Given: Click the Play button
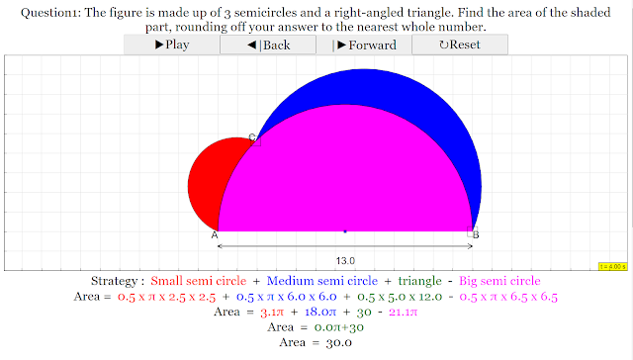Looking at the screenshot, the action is point(171,45).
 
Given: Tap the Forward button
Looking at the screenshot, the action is point(364,45).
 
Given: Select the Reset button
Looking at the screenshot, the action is point(460,45).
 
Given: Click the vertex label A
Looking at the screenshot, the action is point(215,235).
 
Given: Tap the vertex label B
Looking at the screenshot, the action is point(476,234).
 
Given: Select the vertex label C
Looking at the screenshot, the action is point(252,136).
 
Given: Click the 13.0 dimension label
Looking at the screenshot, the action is point(345,261).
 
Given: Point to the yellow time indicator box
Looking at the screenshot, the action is point(613,267).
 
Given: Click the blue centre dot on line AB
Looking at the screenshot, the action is point(345,231).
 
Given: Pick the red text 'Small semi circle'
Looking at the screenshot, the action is point(199,281).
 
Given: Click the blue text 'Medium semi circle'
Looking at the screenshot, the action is point(322,281).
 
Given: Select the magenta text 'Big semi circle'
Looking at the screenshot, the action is point(499,281).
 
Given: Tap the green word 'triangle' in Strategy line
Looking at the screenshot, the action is point(419,281).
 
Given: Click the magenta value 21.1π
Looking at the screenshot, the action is point(403,312).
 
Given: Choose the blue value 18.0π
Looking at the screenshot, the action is point(320,312).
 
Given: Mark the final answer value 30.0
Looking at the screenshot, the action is point(338,343).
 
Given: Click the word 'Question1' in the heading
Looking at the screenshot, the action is point(50,13).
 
